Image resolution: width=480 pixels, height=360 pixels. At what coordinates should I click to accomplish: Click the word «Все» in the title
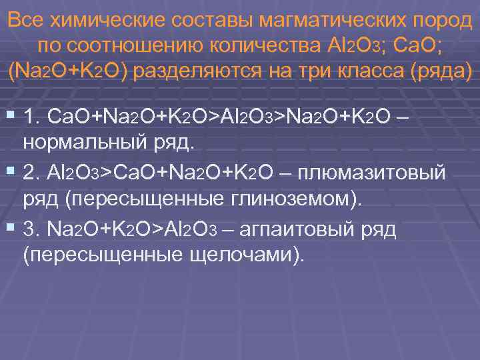[x=25, y=19]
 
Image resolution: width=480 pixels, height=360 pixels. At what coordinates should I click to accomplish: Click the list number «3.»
[x=32, y=231]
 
